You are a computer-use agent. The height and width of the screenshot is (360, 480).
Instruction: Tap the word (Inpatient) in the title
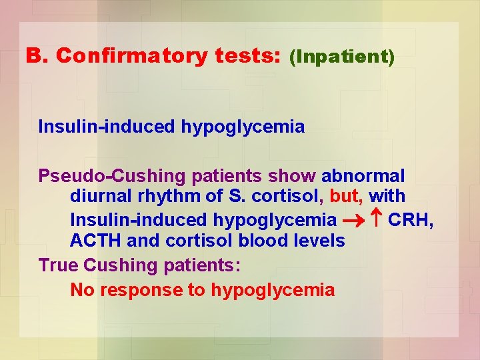342,57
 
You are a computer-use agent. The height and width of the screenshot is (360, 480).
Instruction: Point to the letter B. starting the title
37,56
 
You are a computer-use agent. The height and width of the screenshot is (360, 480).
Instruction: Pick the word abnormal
363,177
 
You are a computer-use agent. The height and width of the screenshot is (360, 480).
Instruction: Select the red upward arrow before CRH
375,219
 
